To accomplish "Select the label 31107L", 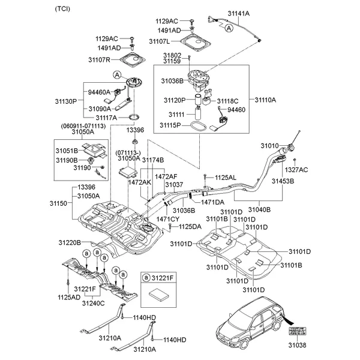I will [176, 41].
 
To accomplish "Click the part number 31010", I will [269, 146].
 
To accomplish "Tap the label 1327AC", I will [296, 170].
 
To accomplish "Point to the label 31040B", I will [259, 209].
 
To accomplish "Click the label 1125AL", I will [226, 178].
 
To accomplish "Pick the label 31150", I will [61, 205].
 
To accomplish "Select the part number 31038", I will [296, 346].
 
